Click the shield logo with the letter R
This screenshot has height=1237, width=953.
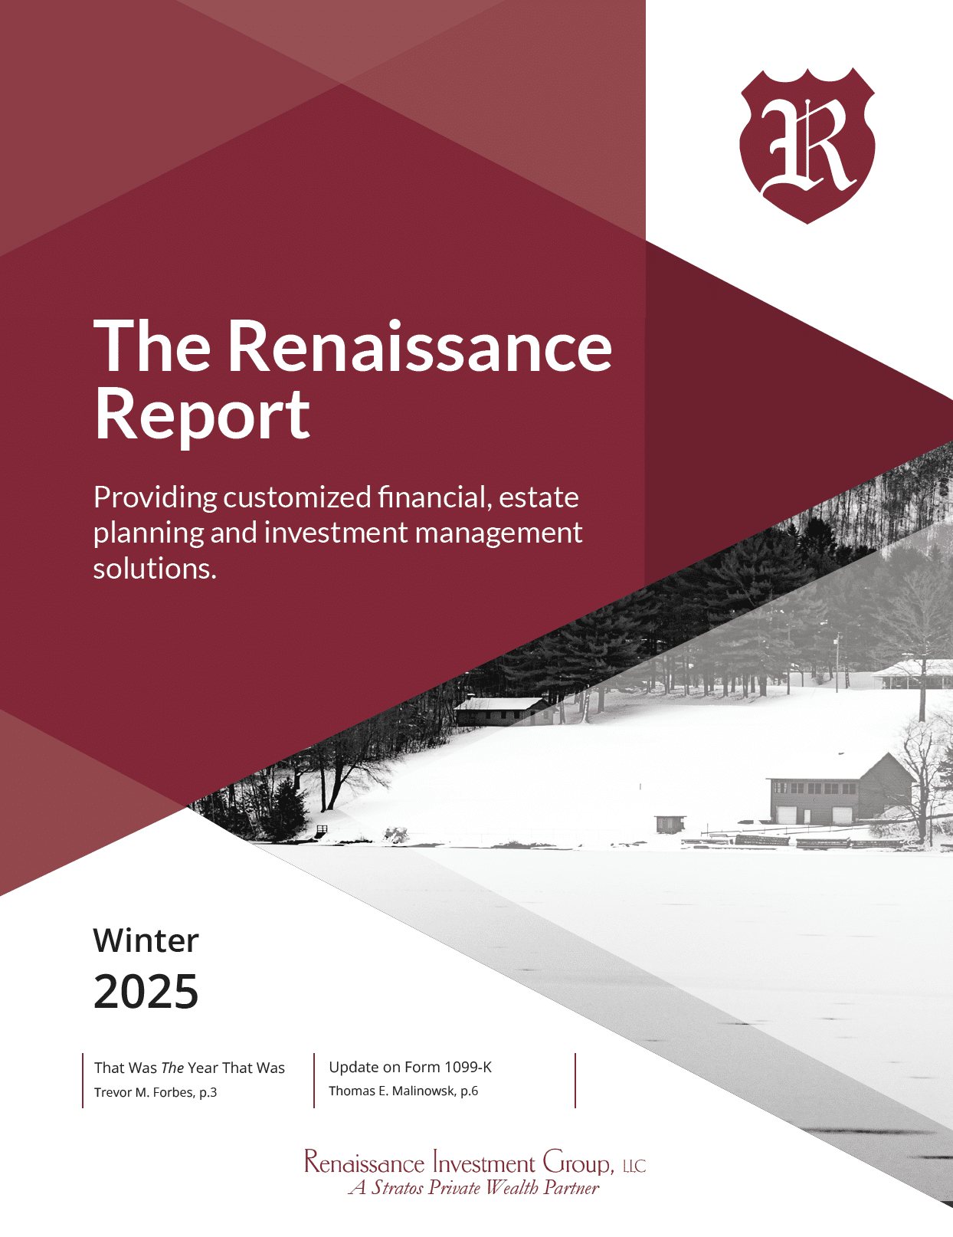(807, 146)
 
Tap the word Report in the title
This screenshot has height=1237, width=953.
(202, 415)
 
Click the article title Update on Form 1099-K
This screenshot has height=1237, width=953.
(410, 1067)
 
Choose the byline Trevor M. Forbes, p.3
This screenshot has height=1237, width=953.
(156, 1092)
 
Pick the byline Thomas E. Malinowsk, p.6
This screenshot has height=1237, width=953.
(404, 1091)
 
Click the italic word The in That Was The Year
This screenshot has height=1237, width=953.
(172, 1068)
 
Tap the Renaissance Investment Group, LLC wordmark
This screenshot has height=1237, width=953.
(475, 1163)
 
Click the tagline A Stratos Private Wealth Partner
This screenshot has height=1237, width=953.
(473, 1188)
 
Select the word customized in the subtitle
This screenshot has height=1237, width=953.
(297, 497)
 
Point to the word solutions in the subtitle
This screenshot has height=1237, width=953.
(155, 568)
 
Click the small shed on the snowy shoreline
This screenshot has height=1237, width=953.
(670, 824)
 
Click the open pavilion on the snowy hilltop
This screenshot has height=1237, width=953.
(912, 674)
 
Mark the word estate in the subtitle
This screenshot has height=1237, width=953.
(539, 497)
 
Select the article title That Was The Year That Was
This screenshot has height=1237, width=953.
(189, 1068)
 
